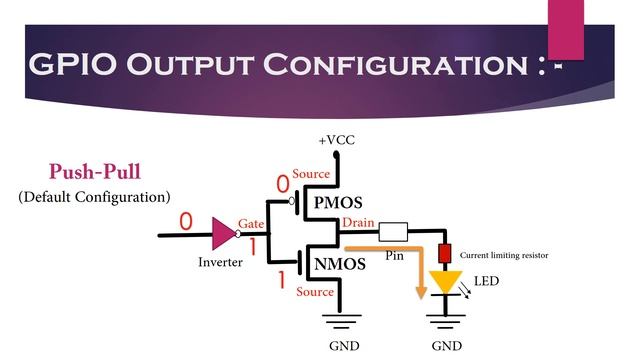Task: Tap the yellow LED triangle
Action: (x=445, y=283)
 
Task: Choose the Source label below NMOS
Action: (x=315, y=292)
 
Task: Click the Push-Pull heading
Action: (x=93, y=170)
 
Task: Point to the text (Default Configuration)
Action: (x=94, y=196)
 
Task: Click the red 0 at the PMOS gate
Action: (x=282, y=183)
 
